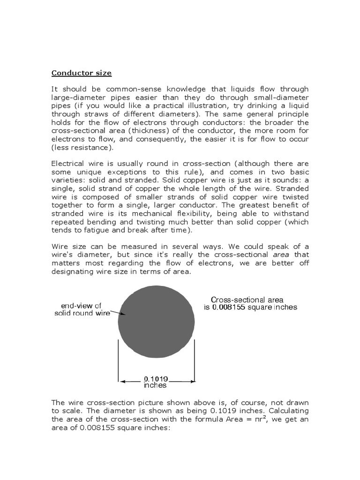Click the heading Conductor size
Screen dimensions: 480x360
[81, 73]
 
